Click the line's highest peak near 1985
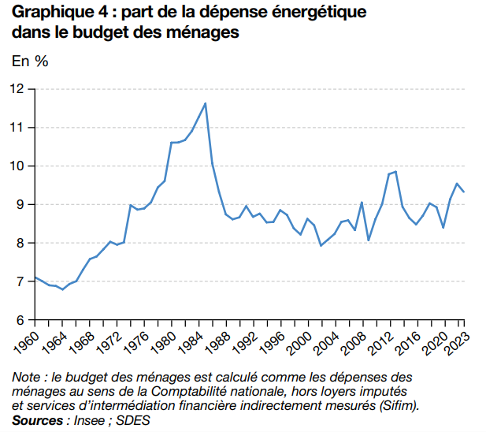pyautogui.click(x=206, y=103)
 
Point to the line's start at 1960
pyautogui.click(x=35, y=277)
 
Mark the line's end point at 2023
pyautogui.click(x=464, y=192)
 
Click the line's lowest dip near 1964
pyautogui.click(x=62, y=289)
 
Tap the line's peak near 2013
pyautogui.click(x=395, y=171)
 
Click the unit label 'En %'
pyautogui.click(x=30, y=61)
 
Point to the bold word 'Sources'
pyautogui.click(x=37, y=420)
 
